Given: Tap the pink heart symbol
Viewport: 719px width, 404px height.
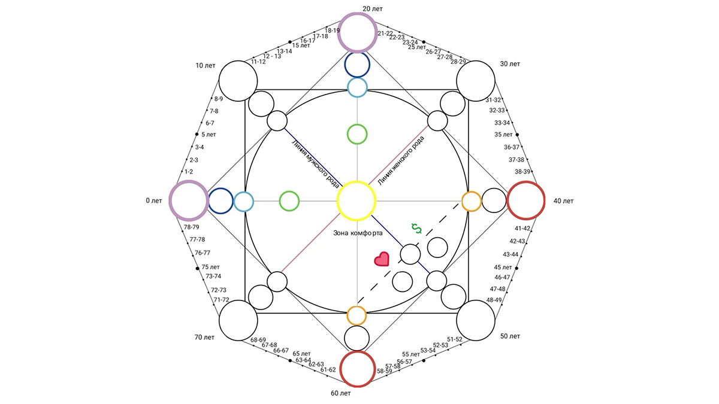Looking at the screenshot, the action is click(x=382, y=259).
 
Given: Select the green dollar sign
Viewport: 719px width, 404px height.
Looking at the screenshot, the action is click(x=416, y=229).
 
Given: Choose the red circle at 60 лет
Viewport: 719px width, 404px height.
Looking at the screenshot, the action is click(x=358, y=352).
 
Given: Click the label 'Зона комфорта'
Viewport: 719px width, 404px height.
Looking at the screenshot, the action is click(x=358, y=233).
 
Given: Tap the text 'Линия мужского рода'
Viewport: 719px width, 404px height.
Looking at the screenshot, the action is click(x=316, y=164).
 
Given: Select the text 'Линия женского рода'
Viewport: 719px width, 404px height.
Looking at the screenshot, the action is click(x=401, y=160).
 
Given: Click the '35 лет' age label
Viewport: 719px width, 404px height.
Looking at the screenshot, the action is click(x=503, y=135).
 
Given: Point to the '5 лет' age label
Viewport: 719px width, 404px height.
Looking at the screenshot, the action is click(x=209, y=135).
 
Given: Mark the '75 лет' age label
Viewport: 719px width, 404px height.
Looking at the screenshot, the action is click(x=210, y=267).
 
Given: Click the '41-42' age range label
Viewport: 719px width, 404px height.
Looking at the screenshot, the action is click(x=522, y=228).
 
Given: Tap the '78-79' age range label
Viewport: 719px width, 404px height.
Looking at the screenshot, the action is click(x=191, y=227).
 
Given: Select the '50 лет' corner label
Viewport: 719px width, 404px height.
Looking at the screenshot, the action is click(x=510, y=336).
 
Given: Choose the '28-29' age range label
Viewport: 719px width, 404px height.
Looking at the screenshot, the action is click(x=458, y=62).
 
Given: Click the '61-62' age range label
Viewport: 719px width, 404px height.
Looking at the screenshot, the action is click(x=328, y=369).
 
